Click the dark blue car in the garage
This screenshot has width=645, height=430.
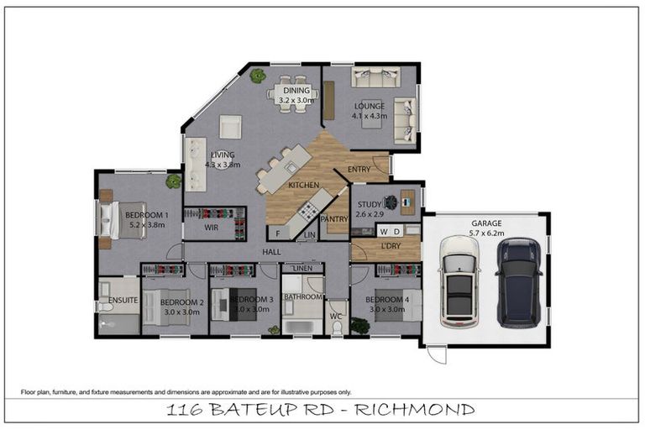pos(518,282)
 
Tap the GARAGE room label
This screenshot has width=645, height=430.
pos(486,223)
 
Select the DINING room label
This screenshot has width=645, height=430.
pos(296,91)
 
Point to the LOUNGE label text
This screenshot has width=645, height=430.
pos(369,107)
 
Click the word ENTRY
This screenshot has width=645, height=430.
pos(359,169)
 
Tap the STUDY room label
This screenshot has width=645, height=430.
pos(369,204)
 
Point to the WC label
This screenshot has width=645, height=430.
pos(337,317)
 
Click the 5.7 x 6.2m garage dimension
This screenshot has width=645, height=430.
pos(486,233)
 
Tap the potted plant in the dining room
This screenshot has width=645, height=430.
pos(257,76)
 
